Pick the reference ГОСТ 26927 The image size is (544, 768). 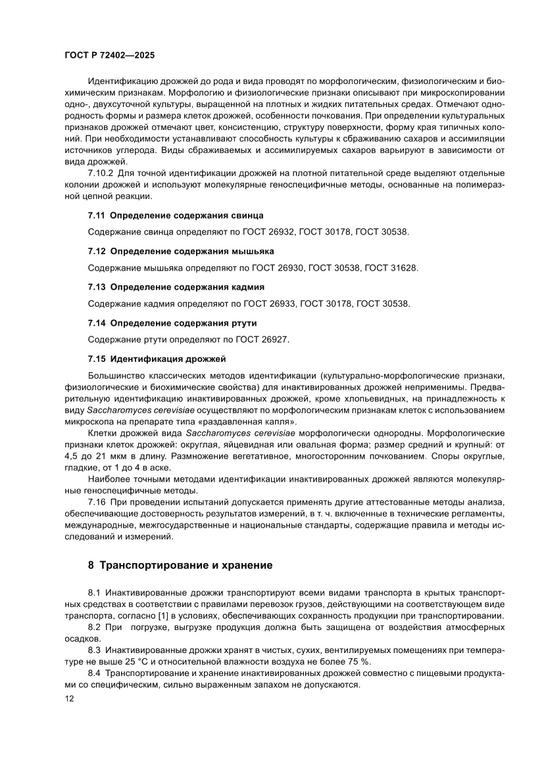tap(257, 340)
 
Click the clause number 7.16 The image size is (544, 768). tap(98, 503)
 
